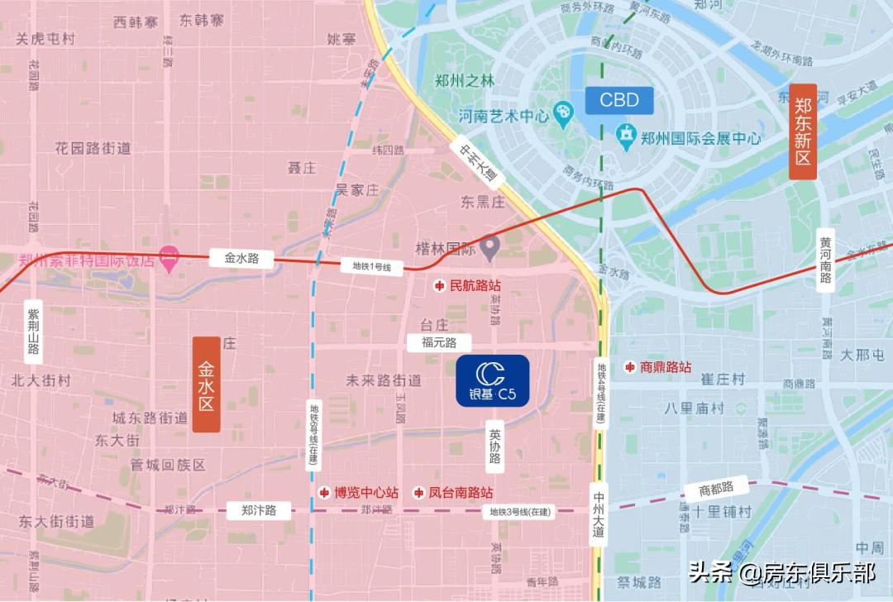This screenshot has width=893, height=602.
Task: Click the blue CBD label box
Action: (619, 100)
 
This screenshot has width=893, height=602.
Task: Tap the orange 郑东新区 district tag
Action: (803, 132)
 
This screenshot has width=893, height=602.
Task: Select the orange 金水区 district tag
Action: (206, 385)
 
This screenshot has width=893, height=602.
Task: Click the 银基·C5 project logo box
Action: (493, 380)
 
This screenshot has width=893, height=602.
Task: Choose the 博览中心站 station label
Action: (359, 492)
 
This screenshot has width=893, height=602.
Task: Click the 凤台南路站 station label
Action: (459, 492)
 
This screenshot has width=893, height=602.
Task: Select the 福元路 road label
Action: (439, 342)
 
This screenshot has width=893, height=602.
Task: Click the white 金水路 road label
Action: (241, 258)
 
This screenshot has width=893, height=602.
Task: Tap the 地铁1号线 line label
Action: (371, 266)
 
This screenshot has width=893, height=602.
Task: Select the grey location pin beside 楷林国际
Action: (490, 246)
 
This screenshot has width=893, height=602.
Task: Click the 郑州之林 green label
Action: (464, 81)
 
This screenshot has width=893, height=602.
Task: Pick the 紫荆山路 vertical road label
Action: (33, 331)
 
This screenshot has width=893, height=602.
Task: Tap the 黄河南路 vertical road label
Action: (824, 260)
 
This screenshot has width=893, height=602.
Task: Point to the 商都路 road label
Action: (715, 488)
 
